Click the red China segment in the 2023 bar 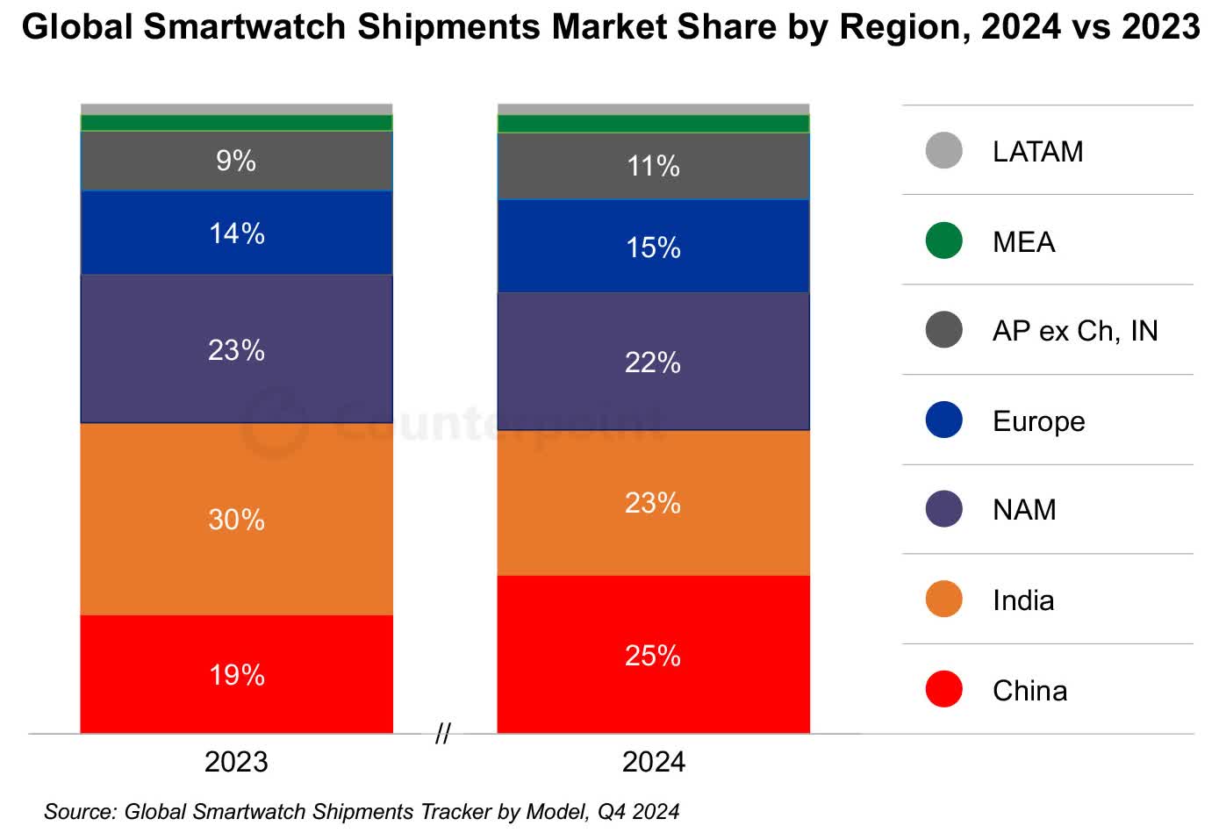point(236,673)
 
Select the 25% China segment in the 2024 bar point(653,654)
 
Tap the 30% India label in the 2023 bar point(236,519)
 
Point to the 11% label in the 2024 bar point(653,166)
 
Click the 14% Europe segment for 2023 point(236,233)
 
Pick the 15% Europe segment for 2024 point(653,247)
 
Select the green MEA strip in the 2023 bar point(236,123)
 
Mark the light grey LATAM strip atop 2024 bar point(653,109)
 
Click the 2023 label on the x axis point(236,761)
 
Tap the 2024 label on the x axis point(653,761)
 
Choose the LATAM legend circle point(943,151)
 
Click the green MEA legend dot point(943,241)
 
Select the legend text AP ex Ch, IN point(1074,331)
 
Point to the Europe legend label point(1038,421)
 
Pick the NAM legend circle point(943,509)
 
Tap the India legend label point(1023,600)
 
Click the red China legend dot point(943,690)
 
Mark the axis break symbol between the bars point(443,734)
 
